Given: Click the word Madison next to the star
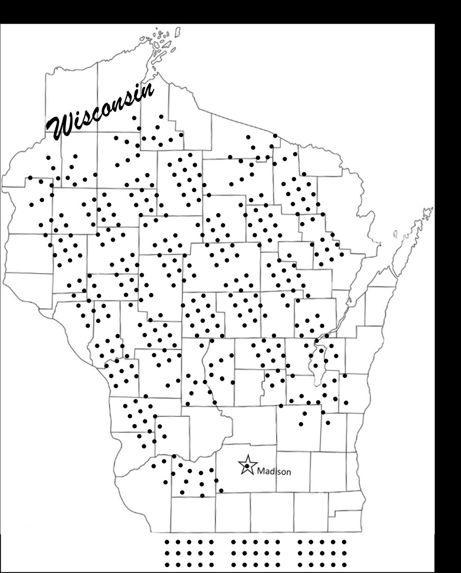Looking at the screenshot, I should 274,472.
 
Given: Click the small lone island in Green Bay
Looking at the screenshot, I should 395,234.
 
